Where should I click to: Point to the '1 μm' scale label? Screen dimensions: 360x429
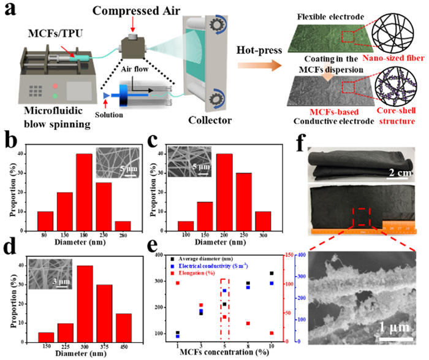392,326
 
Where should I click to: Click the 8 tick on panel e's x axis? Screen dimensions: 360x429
248,345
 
